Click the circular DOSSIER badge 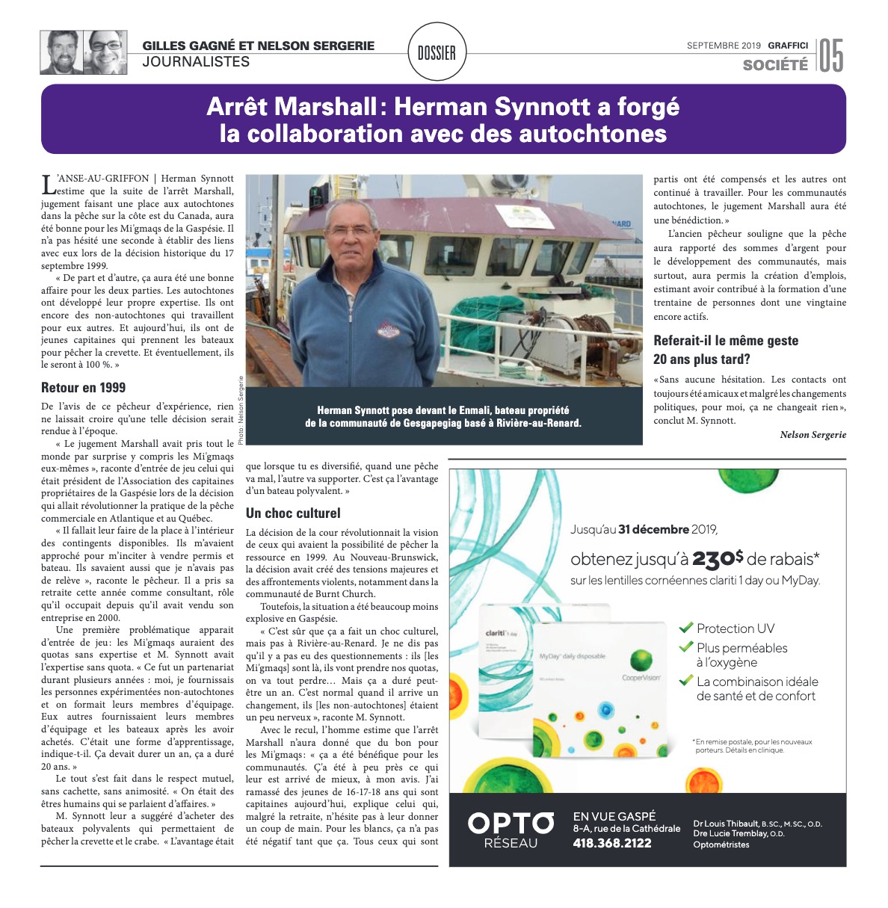pyautogui.click(x=437, y=52)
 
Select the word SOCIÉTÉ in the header pyautogui.click(x=775, y=65)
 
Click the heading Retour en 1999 pyautogui.click(x=84, y=388)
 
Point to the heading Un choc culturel pyautogui.click(x=293, y=513)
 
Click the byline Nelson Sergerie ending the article pyautogui.click(x=813, y=435)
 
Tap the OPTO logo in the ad pyautogui.click(x=511, y=824)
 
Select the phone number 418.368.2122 pyautogui.click(x=612, y=843)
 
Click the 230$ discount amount pyautogui.click(x=718, y=559)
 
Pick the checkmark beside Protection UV pyautogui.click(x=686, y=628)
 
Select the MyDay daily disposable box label pyautogui.click(x=573, y=656)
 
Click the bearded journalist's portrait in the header pyautogui.click(x=61, y=52)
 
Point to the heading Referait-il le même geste pyautogui.click(x=726, y=341)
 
